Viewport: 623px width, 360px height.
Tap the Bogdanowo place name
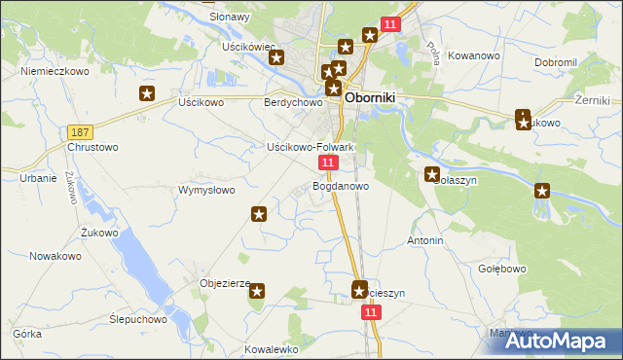(341, 185)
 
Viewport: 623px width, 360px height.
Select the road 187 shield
(81, 131)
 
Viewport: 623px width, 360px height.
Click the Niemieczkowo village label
(55, 71)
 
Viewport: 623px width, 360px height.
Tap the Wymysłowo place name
(206, 190)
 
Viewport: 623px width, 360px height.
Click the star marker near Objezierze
(258, 289)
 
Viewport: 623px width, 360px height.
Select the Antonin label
(425, 240)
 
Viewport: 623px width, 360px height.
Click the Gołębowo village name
(502, 269)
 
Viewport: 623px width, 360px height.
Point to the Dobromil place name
(556, 62)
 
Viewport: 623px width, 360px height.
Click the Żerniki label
(592, 100)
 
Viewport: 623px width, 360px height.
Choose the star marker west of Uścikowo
(147, 94)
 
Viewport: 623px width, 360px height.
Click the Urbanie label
(38, 178)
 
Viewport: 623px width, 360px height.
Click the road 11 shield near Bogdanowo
(329, 162)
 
